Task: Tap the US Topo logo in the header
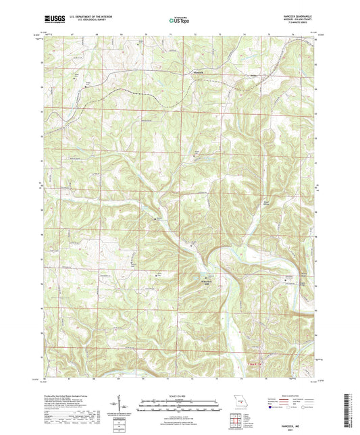click(178, 21)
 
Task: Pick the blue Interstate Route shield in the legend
click(274, 408)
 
